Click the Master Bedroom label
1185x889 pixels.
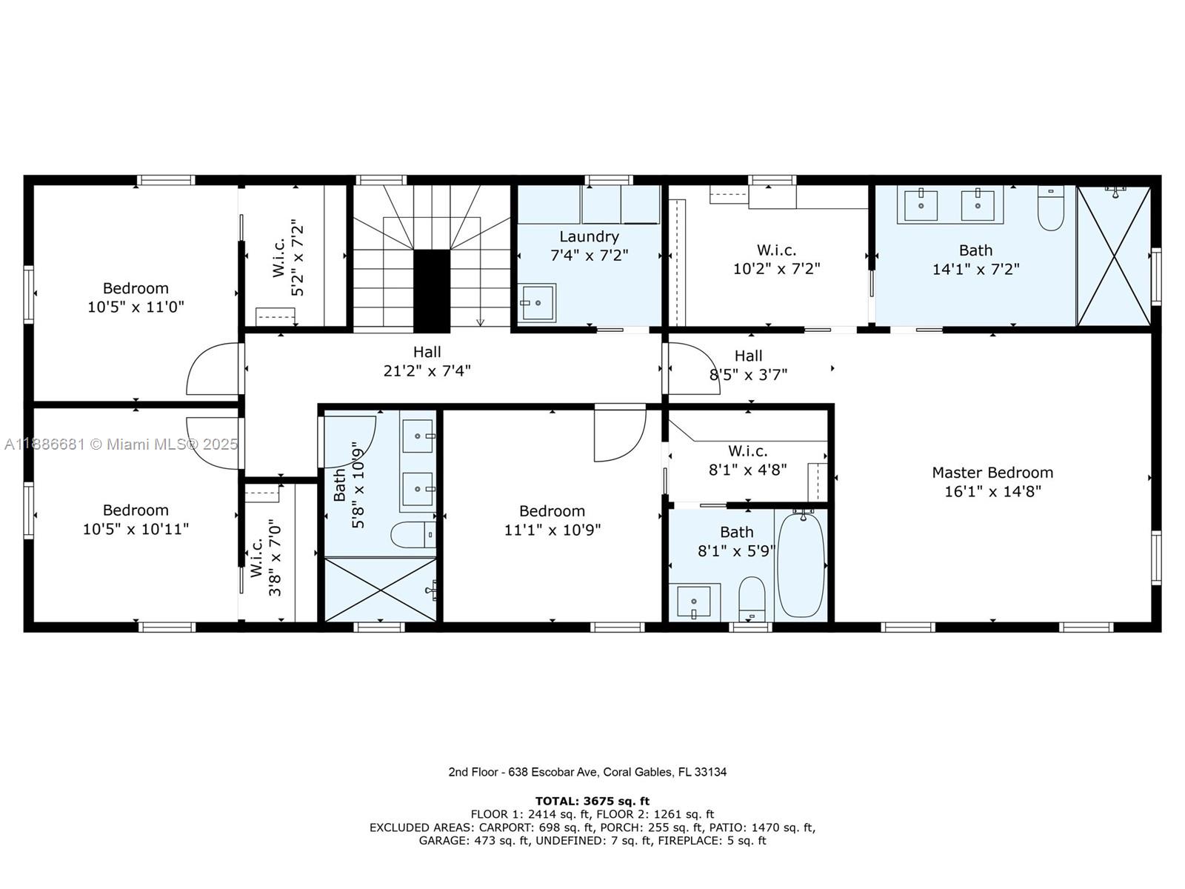992,473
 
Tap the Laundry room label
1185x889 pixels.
589,236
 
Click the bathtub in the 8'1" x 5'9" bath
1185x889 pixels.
801,565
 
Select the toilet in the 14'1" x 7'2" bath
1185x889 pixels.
1050,209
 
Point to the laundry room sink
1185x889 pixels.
538,302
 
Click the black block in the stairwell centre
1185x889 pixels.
431,290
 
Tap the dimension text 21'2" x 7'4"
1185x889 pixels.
427,370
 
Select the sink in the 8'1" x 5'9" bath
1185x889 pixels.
695,601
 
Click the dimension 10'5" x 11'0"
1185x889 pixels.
136,307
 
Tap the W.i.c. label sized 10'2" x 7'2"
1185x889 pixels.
776,250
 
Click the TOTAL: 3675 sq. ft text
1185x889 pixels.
592,801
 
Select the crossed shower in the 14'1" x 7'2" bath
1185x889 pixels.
1113,256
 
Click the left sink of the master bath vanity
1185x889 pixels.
921,205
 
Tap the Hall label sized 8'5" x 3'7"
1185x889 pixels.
748,356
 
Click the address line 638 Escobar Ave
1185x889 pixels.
587,772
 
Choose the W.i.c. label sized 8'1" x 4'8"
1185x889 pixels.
747,450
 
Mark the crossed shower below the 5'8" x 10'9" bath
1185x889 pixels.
380,590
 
